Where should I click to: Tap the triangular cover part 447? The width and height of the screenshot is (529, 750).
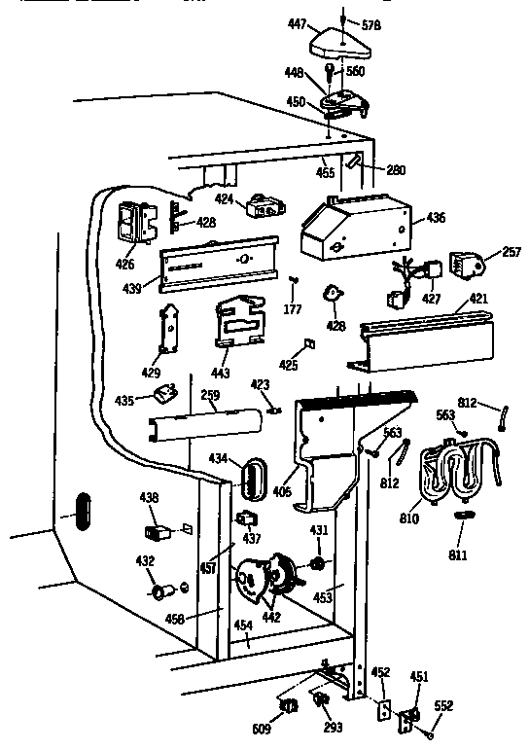coord(335,40)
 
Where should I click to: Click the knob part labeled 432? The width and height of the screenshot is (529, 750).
coord(160,591)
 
